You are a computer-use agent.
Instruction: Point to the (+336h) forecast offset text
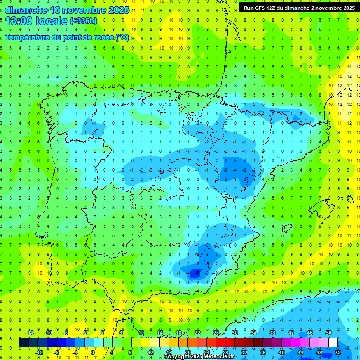[83, 21]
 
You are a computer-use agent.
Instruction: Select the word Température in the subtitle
[28, 37]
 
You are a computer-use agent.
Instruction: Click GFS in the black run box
[262, 7]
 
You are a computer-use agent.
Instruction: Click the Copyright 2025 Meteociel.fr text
[200, 357]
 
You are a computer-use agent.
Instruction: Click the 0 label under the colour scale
[93, 352]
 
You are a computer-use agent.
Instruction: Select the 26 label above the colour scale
[216, 333]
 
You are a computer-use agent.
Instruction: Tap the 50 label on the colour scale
[329, 333]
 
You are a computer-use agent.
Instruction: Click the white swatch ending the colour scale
[333, 342]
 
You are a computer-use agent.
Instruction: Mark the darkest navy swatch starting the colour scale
[23, 342]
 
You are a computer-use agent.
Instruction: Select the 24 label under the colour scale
[207, 352]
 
